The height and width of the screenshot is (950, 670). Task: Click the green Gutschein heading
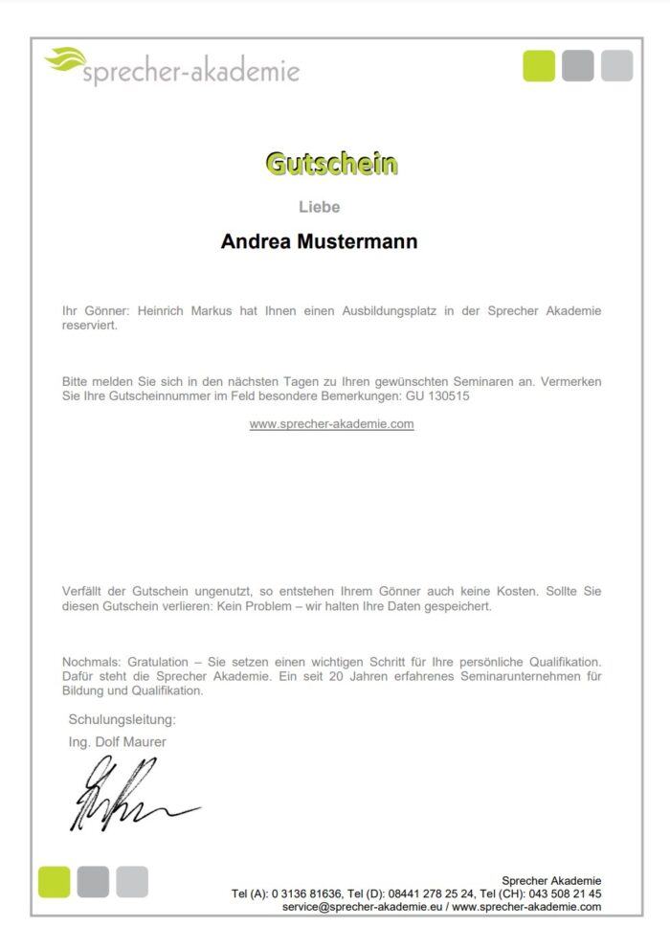coord(331,164)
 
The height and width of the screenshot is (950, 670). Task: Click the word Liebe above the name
coord(319,207)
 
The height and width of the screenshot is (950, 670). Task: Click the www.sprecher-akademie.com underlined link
coord(331,423)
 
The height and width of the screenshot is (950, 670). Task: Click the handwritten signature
coord(124,794)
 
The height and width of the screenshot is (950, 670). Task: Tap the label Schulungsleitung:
coord(122,719)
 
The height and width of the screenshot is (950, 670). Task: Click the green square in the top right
coord(539,65)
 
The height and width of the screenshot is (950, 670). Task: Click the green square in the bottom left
coord(55,881)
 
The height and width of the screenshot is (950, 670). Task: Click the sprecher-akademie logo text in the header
coord(191,72)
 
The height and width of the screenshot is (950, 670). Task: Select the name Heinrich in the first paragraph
coord(163,311)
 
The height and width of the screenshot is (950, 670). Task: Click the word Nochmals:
coord(89,662)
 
